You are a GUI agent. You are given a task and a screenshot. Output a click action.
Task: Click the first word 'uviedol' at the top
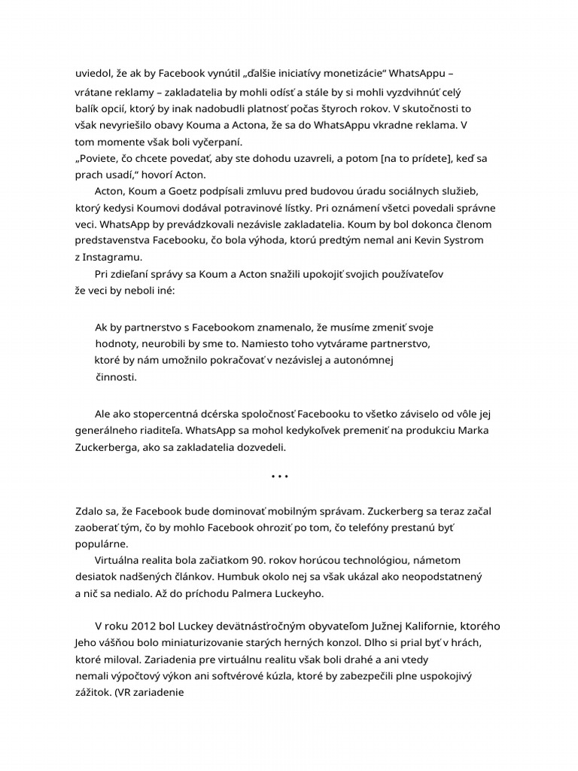click(x=93, y=73)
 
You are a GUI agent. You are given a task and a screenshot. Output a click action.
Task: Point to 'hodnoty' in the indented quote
click(x=114, y=343)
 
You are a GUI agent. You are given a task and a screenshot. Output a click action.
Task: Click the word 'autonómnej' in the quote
click(x=365, y=360)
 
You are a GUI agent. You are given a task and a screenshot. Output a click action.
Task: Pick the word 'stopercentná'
click(x=155, y=415)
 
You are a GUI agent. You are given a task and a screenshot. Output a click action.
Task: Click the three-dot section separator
click(x=279, y=477)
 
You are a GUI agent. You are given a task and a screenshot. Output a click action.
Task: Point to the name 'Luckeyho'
click(x=299, y=593)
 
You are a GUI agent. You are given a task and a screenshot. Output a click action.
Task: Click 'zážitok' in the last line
click(x=93, y=692)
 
